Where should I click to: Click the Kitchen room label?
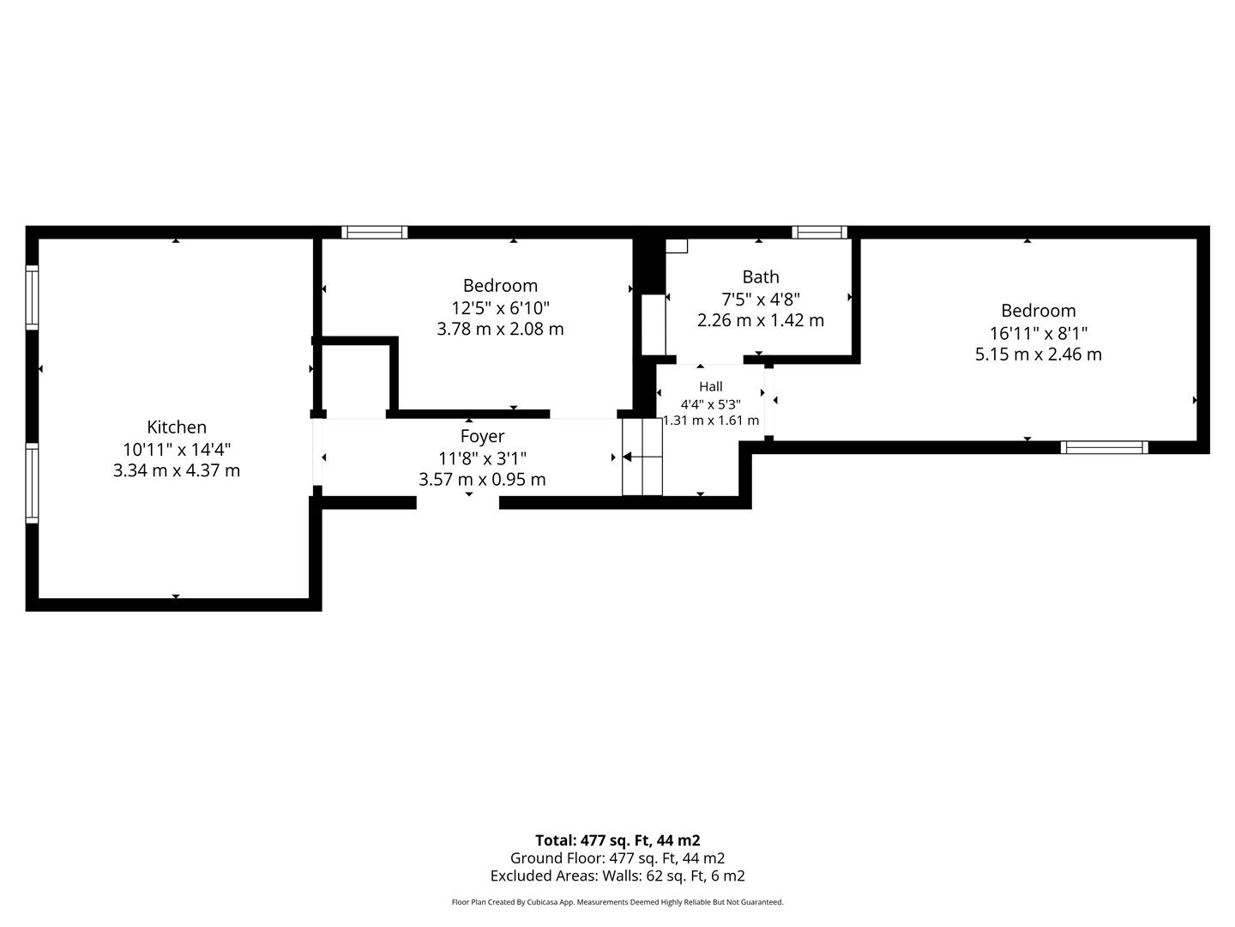(177, 427)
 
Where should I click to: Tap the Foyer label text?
(482, 437)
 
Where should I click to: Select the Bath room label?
(761, 277)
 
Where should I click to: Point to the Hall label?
(711, 386)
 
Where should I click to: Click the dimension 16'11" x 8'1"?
(1038, 333)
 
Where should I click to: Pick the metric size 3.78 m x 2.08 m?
(500, 329)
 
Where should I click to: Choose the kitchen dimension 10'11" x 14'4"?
(177, 449)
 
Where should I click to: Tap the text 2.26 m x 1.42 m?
(761, 320)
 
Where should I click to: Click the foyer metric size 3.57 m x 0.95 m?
(482, 480)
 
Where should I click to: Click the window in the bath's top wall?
(819, 232)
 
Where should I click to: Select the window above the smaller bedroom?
(375, 232)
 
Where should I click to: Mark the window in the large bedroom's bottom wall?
(1105, 447)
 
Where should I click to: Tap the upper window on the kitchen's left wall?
(32, 297)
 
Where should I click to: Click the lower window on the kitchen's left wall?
(32, 483)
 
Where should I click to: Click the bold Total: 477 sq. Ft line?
(617, 840)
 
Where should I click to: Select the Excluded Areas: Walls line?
(617, 875)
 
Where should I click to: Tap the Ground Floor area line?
(617, 858)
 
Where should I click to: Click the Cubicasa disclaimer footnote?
(617, 902)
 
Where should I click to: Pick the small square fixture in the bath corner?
(677, 246)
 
